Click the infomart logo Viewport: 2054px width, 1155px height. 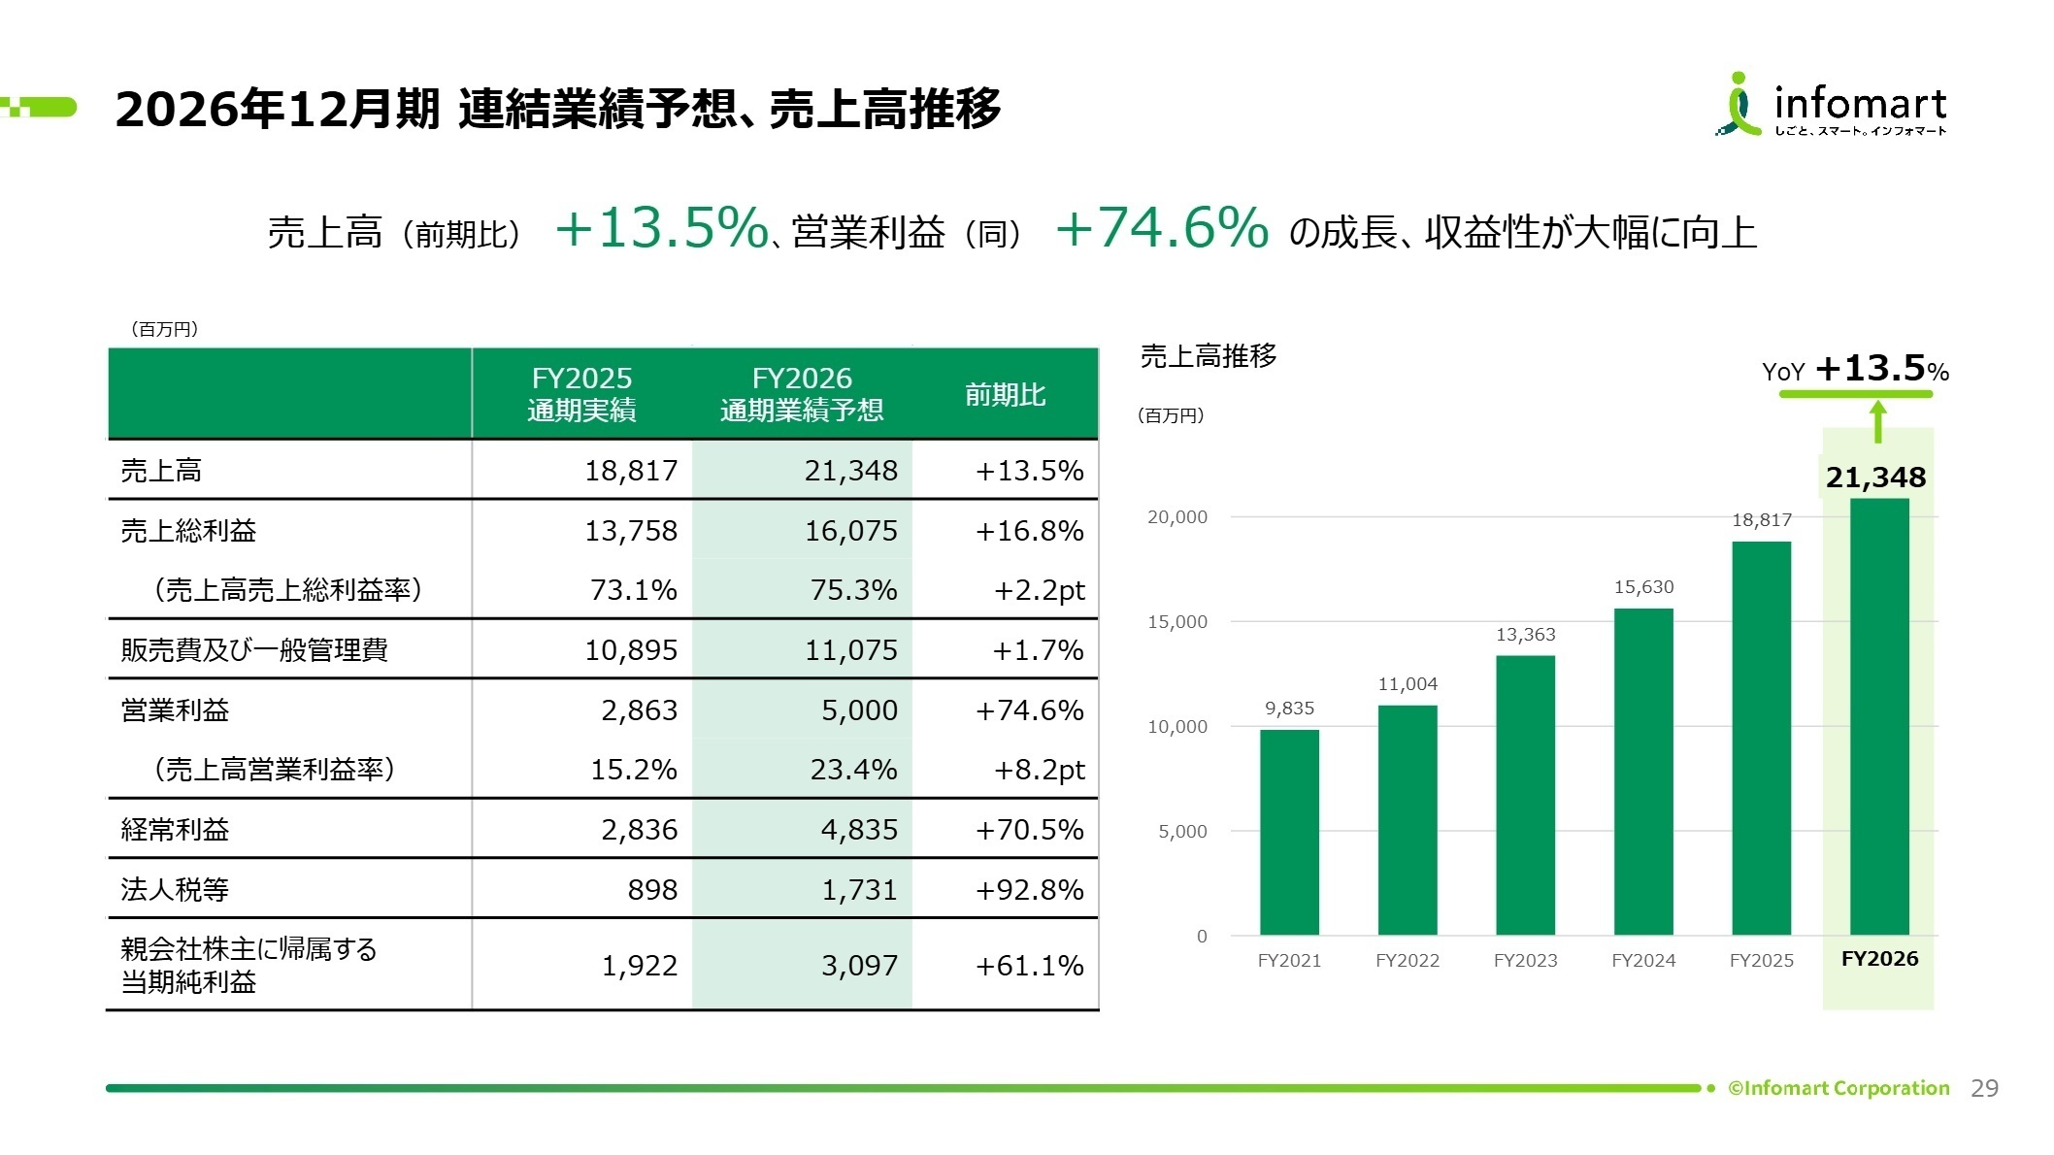tap(1831, 105)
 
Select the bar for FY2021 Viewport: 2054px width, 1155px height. tap(1289, 832)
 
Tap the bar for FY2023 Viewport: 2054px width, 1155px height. tap(1525, 795)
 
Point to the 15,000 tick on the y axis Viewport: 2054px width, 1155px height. tap(1177, 622)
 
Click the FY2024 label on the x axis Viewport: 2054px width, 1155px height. tap(1643, 961)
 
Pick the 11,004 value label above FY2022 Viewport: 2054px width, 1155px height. tap(1408, 684)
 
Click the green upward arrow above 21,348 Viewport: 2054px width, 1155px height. tap(1878, 422)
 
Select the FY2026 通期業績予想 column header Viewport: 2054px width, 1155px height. tap(802, 394)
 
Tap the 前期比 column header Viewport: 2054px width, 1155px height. tap(1005, 395)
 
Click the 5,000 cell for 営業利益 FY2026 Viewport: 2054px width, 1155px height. tap(859, 710)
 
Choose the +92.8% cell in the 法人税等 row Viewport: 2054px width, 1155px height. tap(1029, 890)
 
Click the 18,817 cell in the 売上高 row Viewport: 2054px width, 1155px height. tap(631, 471)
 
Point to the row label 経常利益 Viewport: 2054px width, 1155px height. tap(175, 830)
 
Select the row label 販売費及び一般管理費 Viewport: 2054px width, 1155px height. tap(254, 650)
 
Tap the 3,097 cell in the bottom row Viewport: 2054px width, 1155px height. tap(859, 966)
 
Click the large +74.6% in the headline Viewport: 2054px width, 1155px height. tap(1162, 228)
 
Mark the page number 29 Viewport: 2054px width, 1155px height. tap(1984, 1088)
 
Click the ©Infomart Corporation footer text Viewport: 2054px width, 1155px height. tap(1839, 1088)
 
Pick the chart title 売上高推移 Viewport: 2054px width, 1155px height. tap(1209, 356)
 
